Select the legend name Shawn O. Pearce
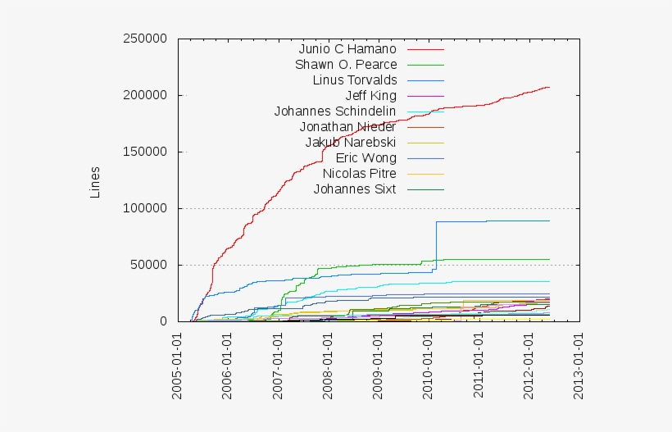pyautogui.click(x=346, y=65)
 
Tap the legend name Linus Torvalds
pyautogui.click(x=355, y=80)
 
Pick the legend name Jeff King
pyautogui.click(x=371, y=96)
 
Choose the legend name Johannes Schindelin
pyautogui.click(x=335, y=111)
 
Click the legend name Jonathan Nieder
pyautogui.click(x=347, y=127)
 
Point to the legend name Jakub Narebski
pyautogui.click(x=351, y=143)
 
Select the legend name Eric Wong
pyautogui.click(x=366, y=158)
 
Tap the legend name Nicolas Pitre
pyautogui.click(x=359, y=174)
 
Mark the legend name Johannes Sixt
pyautogui.click(x=355, y=189)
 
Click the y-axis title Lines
pyautogui.click(x=95, y=182)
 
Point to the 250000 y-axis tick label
pyautogui.click(x=144, y=39)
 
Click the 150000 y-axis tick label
pyautogui.click(x=144, y=152)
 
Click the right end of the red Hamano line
pyautogui.click(x=548, y=87)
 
